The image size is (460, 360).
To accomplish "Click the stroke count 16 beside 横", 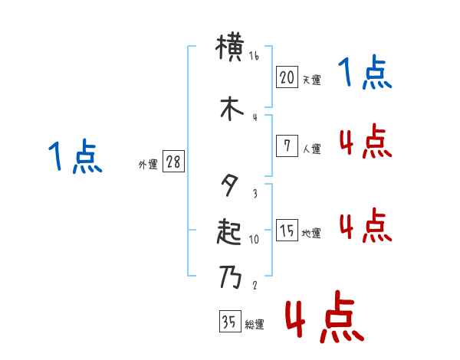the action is [x=254, y=56].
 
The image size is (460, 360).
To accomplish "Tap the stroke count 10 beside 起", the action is [x=254, y=239].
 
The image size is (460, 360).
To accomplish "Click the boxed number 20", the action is [x=287, y=77].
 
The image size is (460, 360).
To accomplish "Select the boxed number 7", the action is [x=287, y=146].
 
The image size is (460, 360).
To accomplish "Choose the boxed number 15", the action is [x=287, y=230].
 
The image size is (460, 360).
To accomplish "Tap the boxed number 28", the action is [x=173, y=162].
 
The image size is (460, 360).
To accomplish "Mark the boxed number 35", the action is [x=229, y=322].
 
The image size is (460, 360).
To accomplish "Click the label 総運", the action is [x=254, y=325].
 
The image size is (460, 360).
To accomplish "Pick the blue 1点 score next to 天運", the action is [x=366, y=74].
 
